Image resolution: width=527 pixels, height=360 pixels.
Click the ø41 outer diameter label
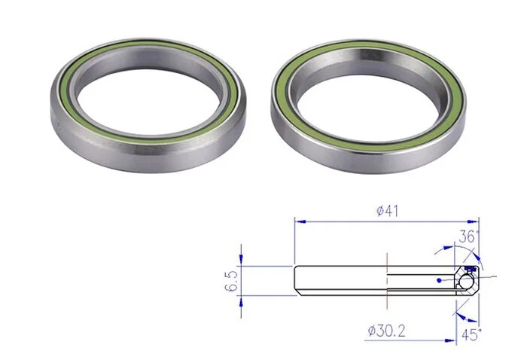pyautogui.click(x=387, y=211)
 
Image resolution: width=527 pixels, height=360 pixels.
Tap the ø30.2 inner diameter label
pyautogui.click(x=386, y=331)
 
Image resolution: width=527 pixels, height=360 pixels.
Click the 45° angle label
pyautogui.click(x=471, y=335)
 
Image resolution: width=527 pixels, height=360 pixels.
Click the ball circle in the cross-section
pyautogui.click(x=466, y=282)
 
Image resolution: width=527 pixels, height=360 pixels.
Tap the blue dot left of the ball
pyautogui.click(x=439, y=280)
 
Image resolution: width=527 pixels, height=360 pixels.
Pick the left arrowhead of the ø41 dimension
pyautogui.click(x=300, y=222)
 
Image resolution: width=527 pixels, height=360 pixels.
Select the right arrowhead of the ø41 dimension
pyautogui.click(x=473, y=222)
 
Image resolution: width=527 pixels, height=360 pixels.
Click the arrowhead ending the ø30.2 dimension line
pyautogui.click(x=450, y=340)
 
